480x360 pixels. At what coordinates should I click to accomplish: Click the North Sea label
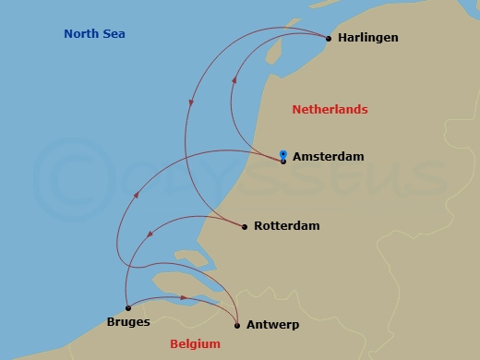click(94, 34)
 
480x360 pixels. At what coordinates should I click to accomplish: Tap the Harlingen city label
click(367, 38)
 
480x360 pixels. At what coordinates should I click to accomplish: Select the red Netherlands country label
click(330, 109)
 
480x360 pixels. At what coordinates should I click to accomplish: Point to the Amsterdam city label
click(328, 157)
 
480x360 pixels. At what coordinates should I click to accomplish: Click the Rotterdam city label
click(286, 226)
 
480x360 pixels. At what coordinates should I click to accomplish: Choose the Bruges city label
click(128, 323)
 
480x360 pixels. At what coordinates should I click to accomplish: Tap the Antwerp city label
click(272, 325)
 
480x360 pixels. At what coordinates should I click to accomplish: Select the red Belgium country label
click(195, 343)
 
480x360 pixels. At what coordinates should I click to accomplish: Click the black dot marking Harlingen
click(329, 38)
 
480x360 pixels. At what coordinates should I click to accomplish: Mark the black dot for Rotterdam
click(244, 226)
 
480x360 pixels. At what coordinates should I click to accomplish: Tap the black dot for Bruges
click(127, 307)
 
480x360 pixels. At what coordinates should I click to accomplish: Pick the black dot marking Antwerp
click(237, 325)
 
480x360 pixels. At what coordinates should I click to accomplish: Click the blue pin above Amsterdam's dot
click(283, 153)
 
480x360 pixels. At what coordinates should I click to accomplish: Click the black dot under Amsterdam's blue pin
click(283, 162)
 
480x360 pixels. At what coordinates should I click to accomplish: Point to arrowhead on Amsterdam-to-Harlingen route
click(234, 80)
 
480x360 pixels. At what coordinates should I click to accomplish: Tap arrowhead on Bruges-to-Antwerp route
click(185, 297)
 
